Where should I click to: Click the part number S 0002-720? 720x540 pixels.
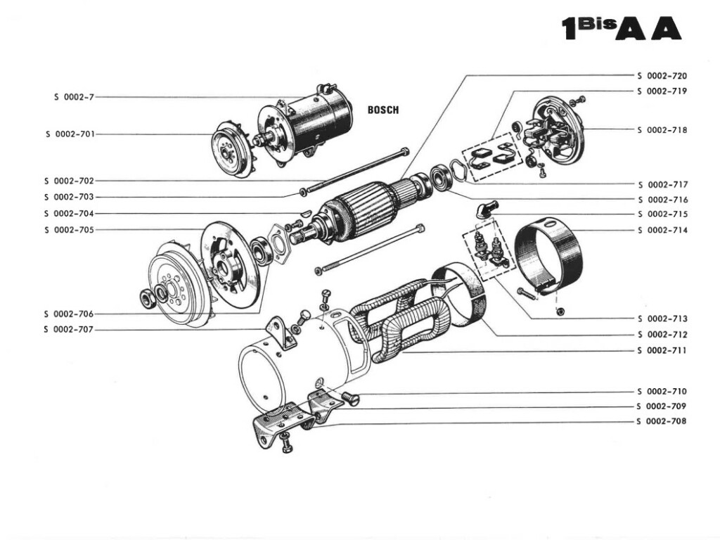[x=662, y=75]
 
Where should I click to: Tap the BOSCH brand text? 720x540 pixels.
[x=383, y=110]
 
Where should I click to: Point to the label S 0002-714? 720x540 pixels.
[x=662, y=230]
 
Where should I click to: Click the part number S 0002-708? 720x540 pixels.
[x=662, y=421]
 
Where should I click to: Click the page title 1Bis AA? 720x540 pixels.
[x=621, y=27]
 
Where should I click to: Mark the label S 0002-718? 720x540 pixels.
[x=662, y=130]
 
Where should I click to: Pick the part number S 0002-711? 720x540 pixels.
[x=662, y=350]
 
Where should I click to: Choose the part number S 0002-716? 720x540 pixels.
[x=662, y=200]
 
